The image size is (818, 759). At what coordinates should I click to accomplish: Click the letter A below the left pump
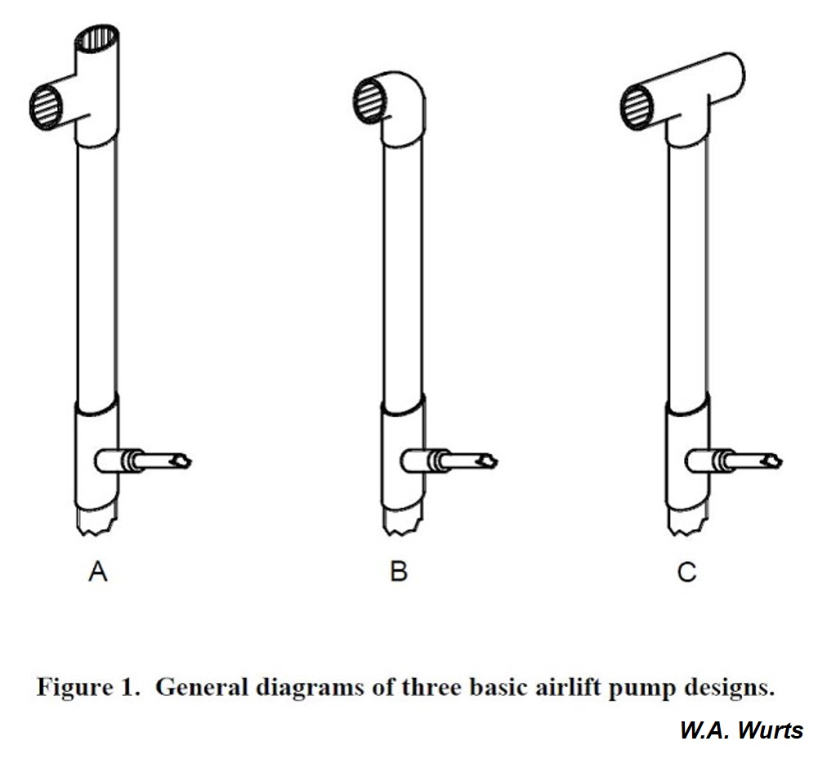[x=97, y=572]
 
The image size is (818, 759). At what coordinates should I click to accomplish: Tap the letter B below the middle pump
[x=398, y=572]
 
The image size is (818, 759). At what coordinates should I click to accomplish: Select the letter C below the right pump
[x=686, y=572]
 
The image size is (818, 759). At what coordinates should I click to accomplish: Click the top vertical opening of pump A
[x=97, y=38]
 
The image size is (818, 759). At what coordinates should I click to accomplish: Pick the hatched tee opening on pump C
[x=637, y=106]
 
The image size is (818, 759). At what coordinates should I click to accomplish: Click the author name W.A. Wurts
[x=741, y=730]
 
